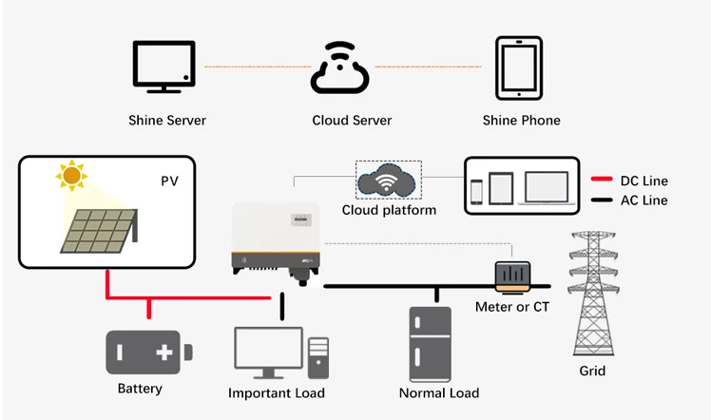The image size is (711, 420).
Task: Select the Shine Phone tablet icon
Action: (520, 67)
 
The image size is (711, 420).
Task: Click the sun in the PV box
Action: (70, 176)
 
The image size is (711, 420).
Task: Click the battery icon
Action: (146, 353)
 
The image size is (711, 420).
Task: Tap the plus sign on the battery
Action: (164, 353)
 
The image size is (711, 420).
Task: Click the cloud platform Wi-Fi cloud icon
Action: (388, 180)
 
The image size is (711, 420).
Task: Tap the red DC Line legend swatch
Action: (600, 181)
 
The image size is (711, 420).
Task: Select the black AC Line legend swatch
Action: (600, 200)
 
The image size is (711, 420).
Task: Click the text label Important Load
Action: (277, 393)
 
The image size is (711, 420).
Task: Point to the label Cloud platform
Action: (389, 209)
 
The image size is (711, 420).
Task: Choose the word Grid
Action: (592, 371)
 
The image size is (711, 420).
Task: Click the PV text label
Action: (168, 179)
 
